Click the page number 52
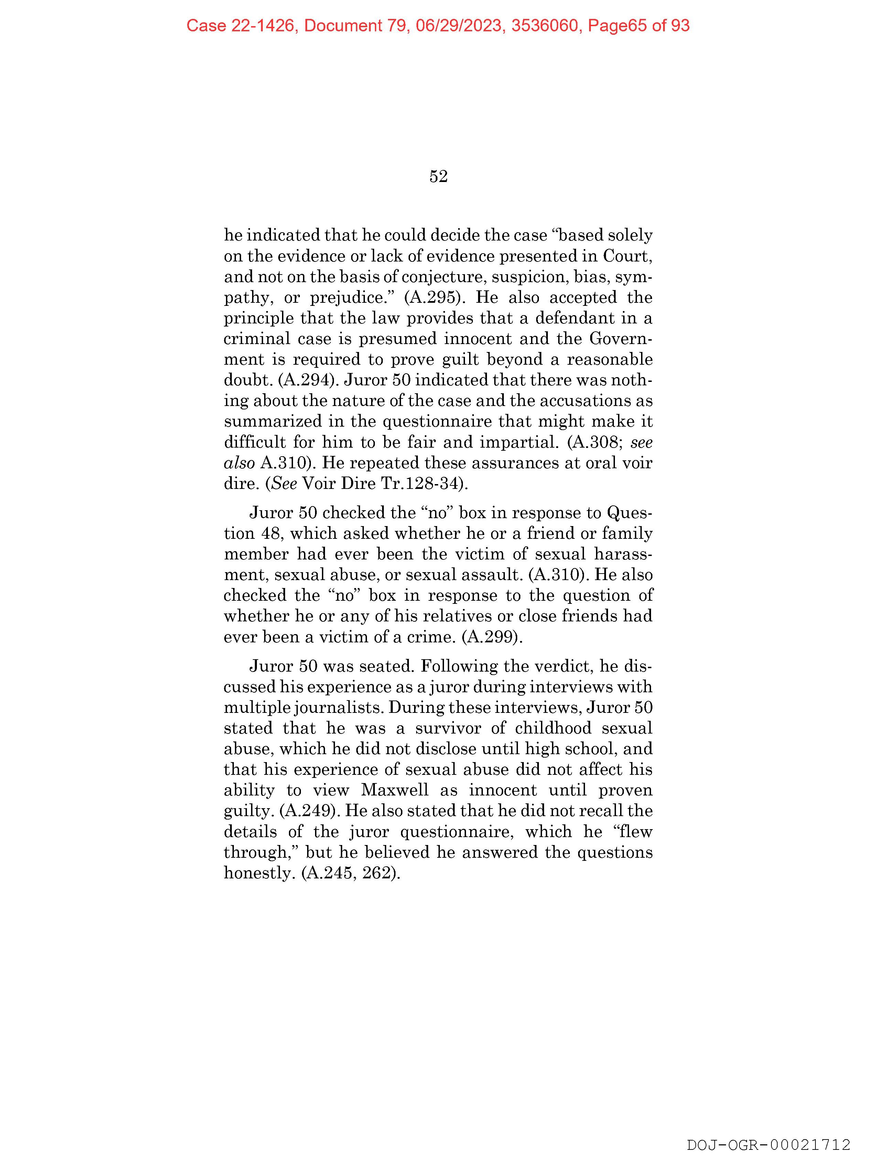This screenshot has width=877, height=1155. [438, 177]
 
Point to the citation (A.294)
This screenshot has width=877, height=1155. [306, 380]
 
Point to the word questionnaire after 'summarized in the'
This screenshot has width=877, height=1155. [437, 421]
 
